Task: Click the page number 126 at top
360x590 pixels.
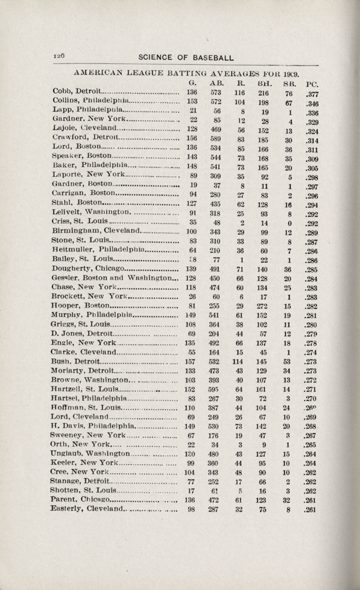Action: pos(58,54)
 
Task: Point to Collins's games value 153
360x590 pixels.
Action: pos(192,102)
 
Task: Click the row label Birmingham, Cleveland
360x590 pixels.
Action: pos(95,231)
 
